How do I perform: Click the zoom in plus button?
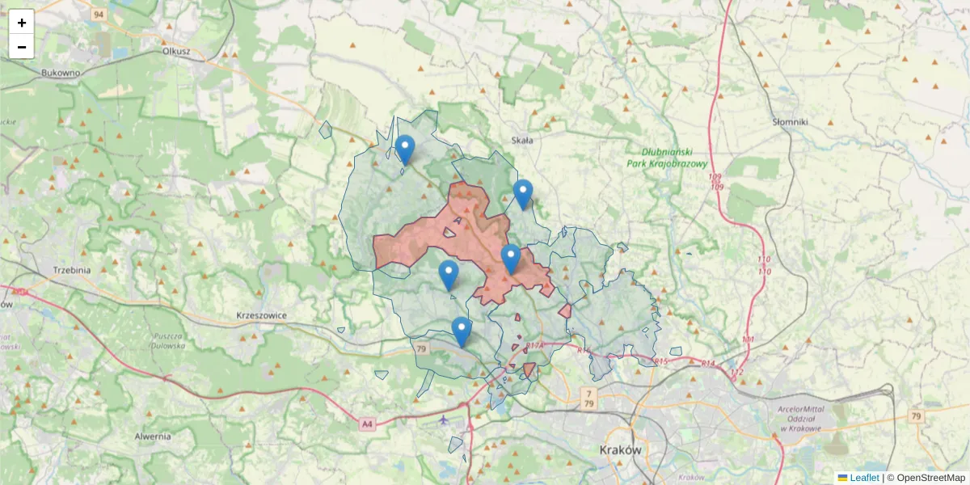point(22,23)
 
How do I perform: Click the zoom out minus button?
point(22,47)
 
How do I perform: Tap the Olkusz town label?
point(175,50)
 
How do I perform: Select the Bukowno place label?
point(61,72)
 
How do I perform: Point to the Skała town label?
point(522,140)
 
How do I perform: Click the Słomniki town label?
point(790,121)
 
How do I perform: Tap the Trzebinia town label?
point(70,270)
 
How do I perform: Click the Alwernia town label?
point(153,436)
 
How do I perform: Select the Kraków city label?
point(621,449)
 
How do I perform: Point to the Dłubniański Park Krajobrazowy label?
point(667,157)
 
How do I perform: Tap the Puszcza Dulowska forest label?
point(168,340)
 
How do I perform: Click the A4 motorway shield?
point(368,423)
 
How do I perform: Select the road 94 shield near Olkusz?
point(99,15)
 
